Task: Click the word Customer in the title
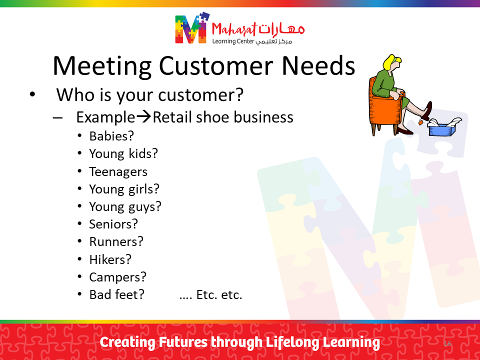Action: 216,66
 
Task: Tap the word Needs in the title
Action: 318,66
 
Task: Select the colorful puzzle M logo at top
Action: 192,28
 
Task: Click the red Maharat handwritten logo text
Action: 234,30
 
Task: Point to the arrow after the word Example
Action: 143,116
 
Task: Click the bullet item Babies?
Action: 111,136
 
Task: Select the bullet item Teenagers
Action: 118,171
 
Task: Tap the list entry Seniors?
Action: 113,224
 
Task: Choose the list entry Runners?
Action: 116,241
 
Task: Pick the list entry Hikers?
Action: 110,259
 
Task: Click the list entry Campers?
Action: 117,277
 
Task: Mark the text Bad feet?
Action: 116,294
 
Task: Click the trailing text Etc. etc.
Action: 219,295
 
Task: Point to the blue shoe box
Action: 442,128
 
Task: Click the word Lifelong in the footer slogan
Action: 292,342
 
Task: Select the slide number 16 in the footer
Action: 447,343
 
